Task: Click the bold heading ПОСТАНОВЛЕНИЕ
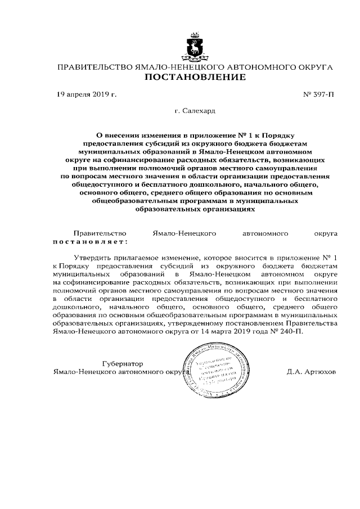pyautogui.click(x=195, y=77)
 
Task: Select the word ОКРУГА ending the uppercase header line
pyautogui.click(x=313, y=67)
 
